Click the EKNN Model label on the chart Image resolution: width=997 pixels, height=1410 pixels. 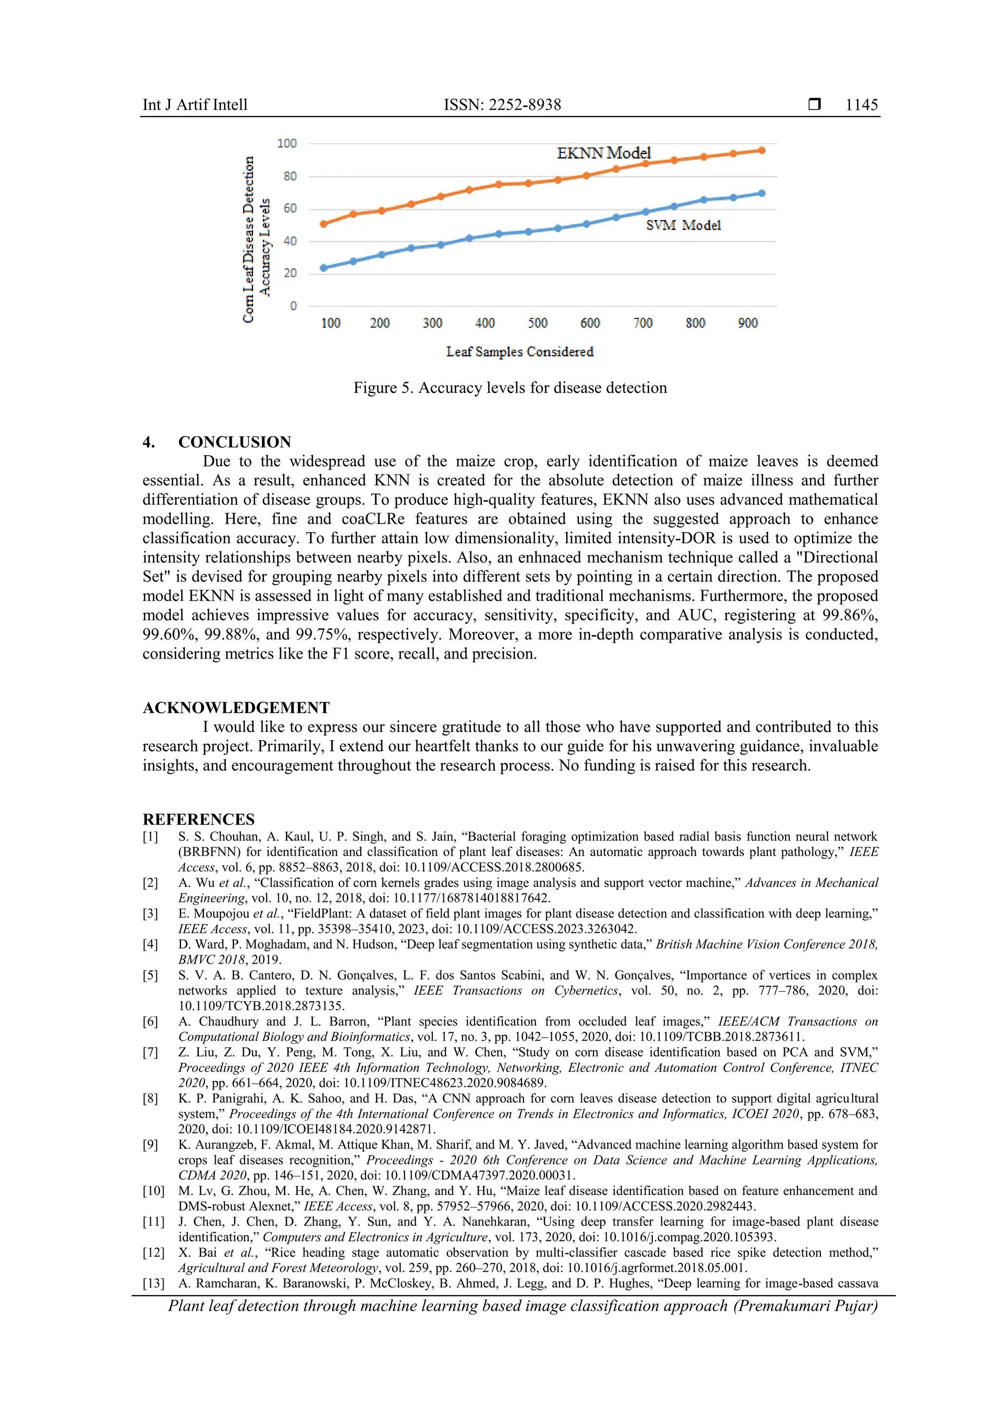pyautogui.click(x=603, y=153)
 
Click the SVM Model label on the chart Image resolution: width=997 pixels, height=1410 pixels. pyautogui.click(x=683, y=225)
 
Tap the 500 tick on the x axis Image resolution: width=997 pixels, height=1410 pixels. pyautogui.click(x=537, y=323)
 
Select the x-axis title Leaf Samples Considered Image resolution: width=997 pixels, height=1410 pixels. pyautogui.click(x=520, y=352)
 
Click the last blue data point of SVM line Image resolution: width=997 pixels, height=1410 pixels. pyautogui.click(x=762, y=193)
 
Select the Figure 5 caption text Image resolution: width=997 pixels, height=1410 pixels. pyautogui.click(x=509, y=388)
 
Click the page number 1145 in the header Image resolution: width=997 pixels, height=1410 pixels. pyautogui.click(x=861, y=105)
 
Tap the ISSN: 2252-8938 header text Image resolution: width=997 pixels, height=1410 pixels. pyautogui.click(x=502, y=105)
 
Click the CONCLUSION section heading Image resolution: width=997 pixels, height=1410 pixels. pyautogui.click(x=234, y=442)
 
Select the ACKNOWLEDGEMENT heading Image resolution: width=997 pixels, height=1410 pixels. pyautogui.click(x=236, y=708)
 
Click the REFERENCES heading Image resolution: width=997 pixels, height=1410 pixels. pyautogui.click(x=199, y=819)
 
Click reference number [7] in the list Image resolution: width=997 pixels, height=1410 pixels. pyautogui.click(x=150, y=1052)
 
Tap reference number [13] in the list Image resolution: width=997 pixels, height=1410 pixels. pyautogui.click(x=153, y=1283)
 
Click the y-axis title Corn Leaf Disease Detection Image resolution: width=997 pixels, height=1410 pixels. pyautogui.click(x=248, y=239)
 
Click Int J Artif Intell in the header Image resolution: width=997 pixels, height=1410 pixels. pyautogui.click(x=195, y=105)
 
